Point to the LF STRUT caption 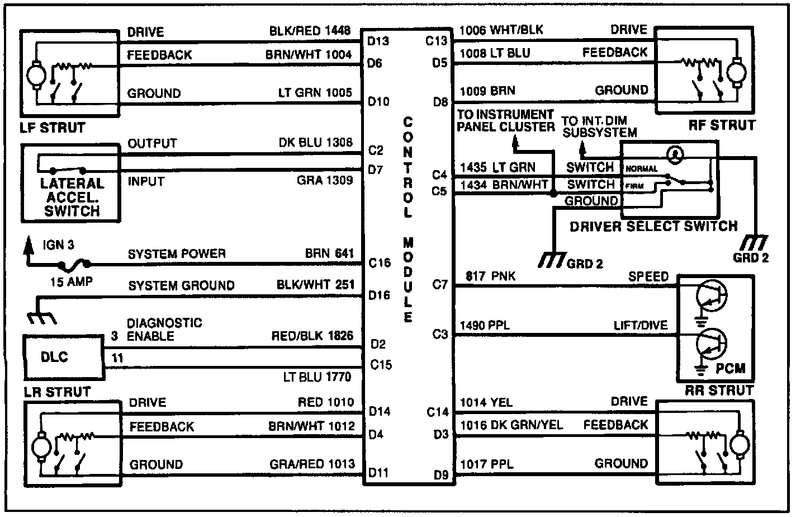pyautogui.click(x=50, y=128)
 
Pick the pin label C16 pyautogui.click(x=380, y=262)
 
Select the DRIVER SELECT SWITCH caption pyautogui.click(x=653, y=227)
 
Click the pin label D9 pyautogui.click(x=441, y=476)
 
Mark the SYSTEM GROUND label pyautogui.click(x=181, y=286)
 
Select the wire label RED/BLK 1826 pyautogui.click(x=312, y=336)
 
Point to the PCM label pyautogui.click(x=730, y=369)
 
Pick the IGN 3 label pyautogui.click(x=58, y=245)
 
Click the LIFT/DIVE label pyautogui.click(x=641, y=326)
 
